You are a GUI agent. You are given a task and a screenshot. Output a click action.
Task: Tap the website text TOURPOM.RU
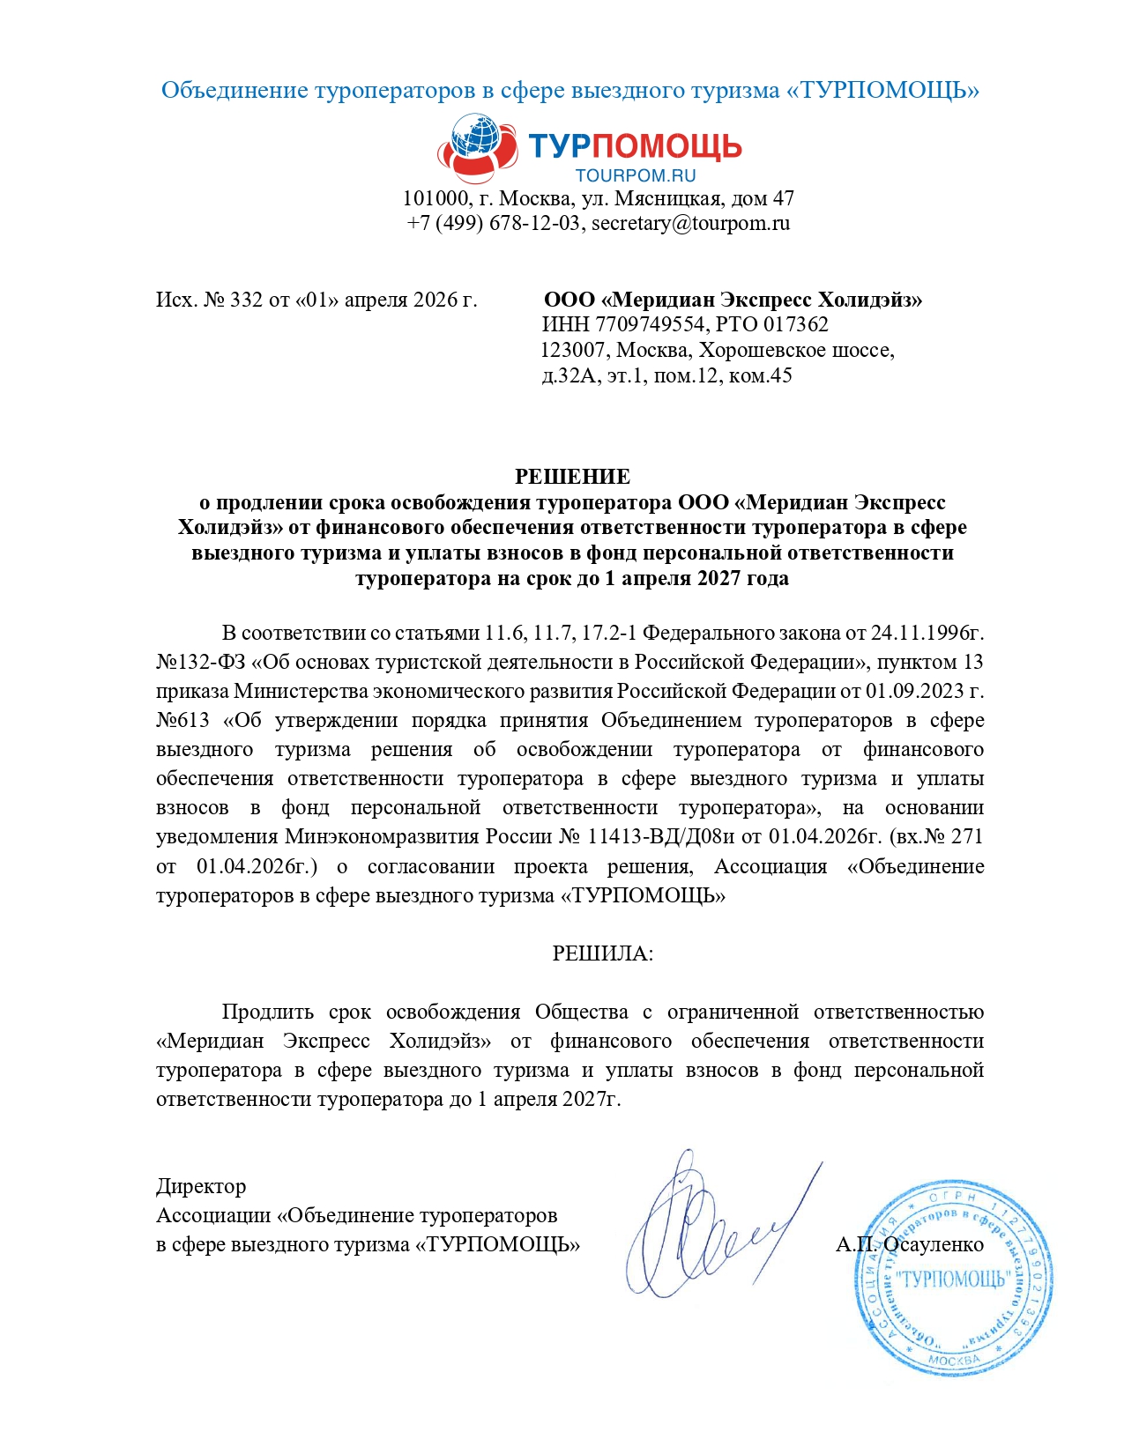coord(635,175)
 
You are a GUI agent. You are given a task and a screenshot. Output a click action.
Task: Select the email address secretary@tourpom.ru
coord(690,223)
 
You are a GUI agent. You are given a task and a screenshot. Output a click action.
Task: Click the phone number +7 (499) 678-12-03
coord(493,223)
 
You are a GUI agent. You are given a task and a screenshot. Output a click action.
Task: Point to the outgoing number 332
coord(246,300)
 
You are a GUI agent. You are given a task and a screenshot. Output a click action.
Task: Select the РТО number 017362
coord(796,324)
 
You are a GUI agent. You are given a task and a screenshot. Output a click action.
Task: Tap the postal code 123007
coord(572,350)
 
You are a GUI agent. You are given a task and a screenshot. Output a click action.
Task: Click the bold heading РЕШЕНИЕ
coord(572,477)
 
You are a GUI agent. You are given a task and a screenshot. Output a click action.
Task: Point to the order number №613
coord(182,720)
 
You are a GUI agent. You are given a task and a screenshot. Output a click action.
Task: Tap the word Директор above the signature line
coord(201,1186)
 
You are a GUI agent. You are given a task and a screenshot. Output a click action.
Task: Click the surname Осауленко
coord(934,1244)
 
